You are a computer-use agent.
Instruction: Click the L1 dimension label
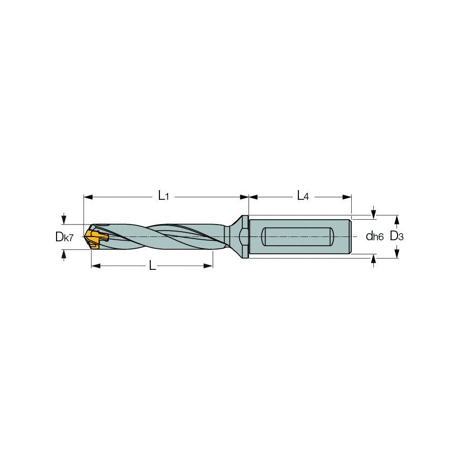163,197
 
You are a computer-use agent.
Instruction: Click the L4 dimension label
303,197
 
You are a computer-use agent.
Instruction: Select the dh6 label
374,236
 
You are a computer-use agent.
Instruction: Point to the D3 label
397,236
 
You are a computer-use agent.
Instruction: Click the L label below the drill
152,266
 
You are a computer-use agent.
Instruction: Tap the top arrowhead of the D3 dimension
397,219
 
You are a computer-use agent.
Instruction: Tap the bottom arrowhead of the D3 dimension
397,254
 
